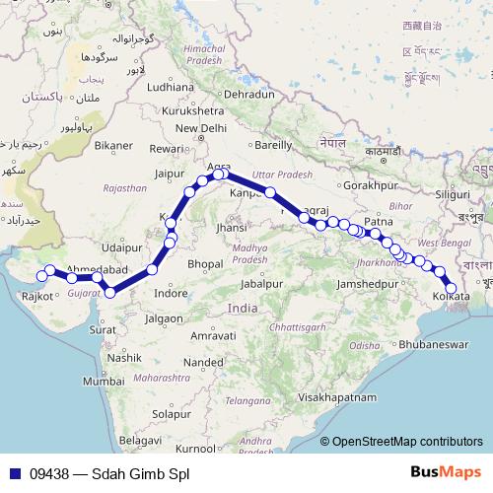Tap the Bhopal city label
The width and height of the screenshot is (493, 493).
pos(205,263)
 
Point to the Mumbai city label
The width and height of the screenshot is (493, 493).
pos(102,380)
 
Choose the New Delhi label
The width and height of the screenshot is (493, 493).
pos(201,128)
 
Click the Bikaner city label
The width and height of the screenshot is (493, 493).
pos(113,146)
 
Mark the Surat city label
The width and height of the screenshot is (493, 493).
pos(102,329)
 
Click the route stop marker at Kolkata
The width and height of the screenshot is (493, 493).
pos(452,288)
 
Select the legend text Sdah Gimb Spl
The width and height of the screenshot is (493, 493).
pos(139,474)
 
